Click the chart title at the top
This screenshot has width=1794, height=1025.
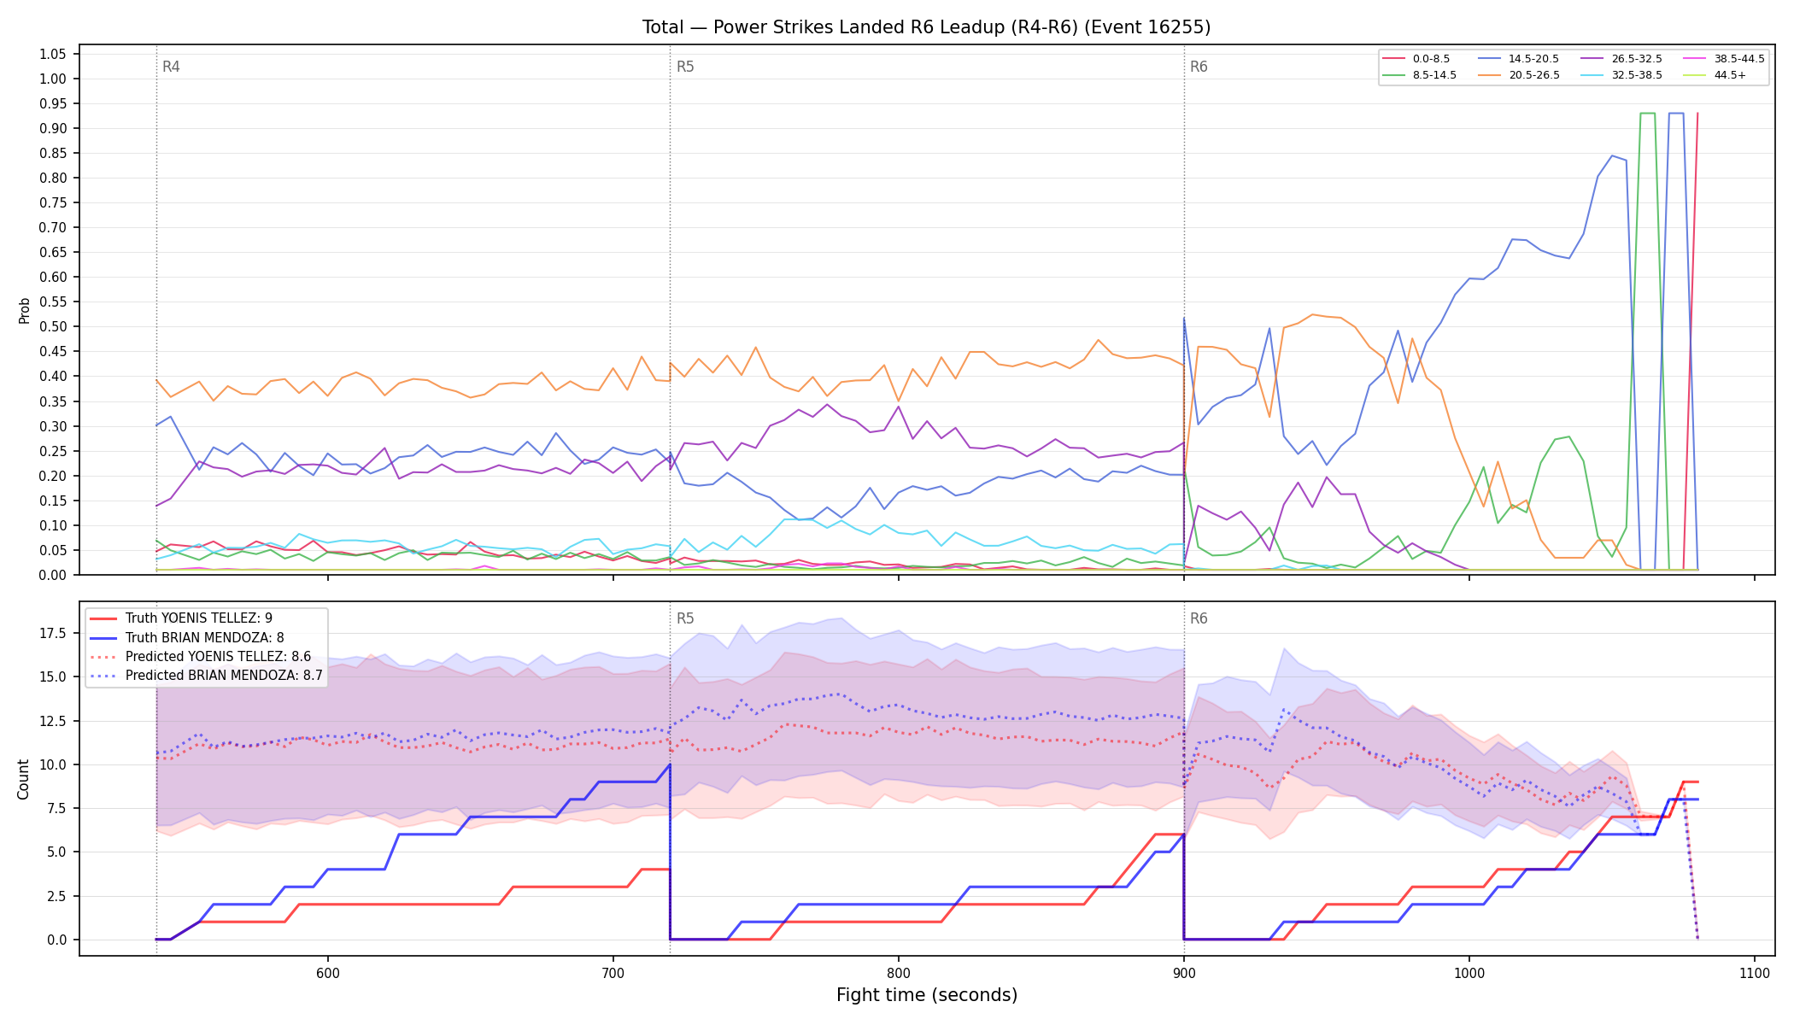[x=926, y=27]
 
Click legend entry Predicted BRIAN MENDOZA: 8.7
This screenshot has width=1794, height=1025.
[x=206, y=676]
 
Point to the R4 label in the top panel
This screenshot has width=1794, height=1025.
[x=171, y=67]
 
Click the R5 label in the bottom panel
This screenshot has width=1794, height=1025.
[x=685, y=618]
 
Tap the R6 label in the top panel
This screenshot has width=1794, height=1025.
[x=1199, y=67]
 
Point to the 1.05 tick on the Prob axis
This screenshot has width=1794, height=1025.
[x=53, y=55]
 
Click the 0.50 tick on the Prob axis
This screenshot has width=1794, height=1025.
[x=53, y=327]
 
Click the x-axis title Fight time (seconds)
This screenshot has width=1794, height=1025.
[x=927, y=995]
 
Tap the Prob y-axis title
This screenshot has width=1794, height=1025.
[x=25, y=310]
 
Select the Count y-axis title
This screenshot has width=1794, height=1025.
[x=23, y=779]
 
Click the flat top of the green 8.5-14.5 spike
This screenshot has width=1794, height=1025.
[x=1648, y=113]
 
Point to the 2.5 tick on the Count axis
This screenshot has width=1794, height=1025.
[x=56, y=896]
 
